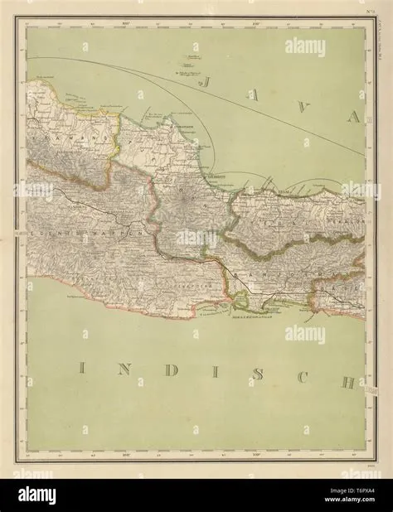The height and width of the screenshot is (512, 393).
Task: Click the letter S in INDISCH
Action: point(259,374)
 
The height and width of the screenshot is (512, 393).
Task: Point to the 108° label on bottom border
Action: point(127,454)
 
